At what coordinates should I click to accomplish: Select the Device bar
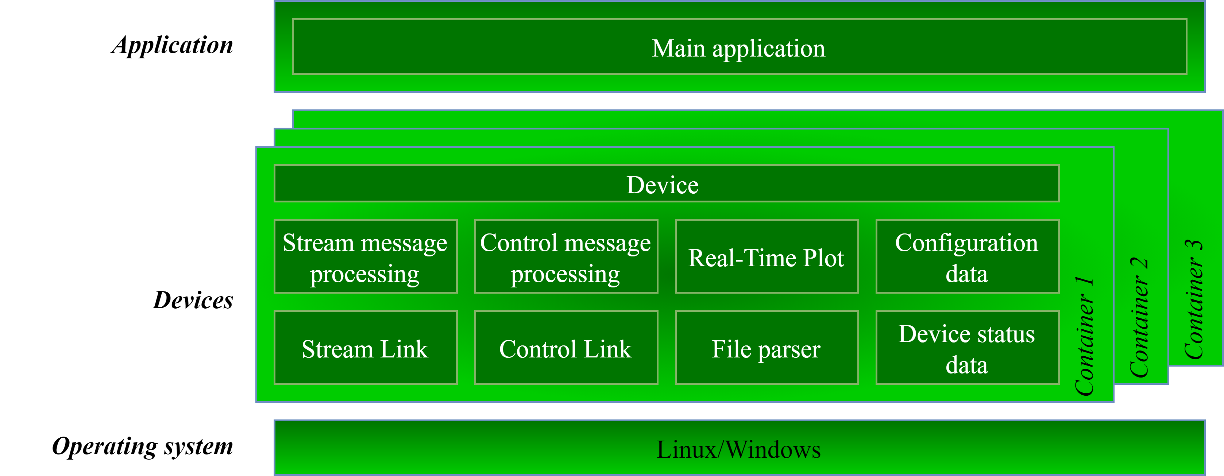pos(666,184)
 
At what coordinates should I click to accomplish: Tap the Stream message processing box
pos(366,256)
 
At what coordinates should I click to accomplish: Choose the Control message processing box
pos(566,256)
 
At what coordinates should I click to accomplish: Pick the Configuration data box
pos(967,256)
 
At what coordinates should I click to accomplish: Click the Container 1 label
pos(1084,336)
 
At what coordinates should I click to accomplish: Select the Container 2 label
pos(1139,317)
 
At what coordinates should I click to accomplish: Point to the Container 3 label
pos(1194,299)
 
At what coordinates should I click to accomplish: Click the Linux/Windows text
pos(739,449)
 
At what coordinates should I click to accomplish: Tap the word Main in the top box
pos(678,49)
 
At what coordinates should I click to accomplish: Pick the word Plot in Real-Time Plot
pos(823,258)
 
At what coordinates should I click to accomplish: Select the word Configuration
pos(966,243)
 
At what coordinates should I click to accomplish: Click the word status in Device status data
pos(1006,334)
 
